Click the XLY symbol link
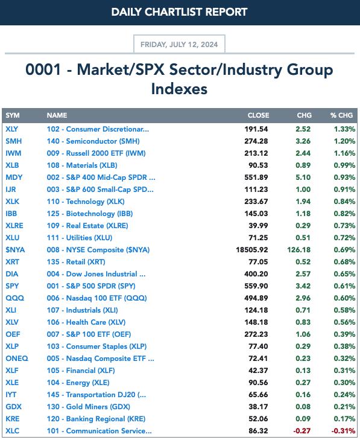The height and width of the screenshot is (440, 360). point(12,129)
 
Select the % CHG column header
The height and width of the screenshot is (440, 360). point(341,115)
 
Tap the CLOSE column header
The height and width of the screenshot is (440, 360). point(258,115)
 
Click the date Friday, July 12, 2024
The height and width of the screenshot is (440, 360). point(179,45)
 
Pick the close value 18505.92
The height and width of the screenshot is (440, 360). point(252,250)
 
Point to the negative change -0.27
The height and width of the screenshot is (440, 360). point(302,431)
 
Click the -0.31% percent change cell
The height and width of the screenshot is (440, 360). point(344,431)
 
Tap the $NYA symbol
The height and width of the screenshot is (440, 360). point(15,250)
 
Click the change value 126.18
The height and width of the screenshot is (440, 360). point(299,250)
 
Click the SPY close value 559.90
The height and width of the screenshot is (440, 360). point(256,286)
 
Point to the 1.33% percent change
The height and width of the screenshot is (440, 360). point(344,129)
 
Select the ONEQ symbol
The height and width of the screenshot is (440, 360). point(17,359)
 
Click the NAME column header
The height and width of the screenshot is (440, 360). point(57,115)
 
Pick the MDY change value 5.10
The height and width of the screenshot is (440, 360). point(303,177)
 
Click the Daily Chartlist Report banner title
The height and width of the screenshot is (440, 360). point(180,12)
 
